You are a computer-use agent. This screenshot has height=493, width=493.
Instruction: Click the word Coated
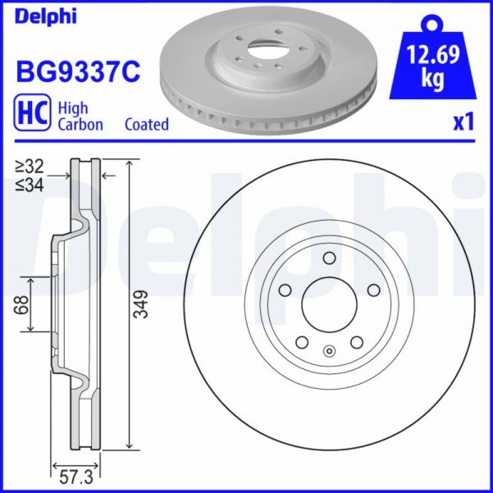click(x=147, y=125)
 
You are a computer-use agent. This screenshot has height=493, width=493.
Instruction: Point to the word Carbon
click(x=80, y=125)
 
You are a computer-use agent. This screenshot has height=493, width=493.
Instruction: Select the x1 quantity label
click(x=463, y=122)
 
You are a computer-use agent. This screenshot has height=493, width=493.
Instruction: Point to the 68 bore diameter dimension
click(x=22, y=305)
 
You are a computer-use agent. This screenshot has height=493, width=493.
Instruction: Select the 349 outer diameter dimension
click(x=140, y=305)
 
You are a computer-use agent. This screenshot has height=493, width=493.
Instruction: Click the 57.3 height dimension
click(x=76, y=474)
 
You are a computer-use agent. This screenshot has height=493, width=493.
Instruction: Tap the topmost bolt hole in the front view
click(x=329, y=259)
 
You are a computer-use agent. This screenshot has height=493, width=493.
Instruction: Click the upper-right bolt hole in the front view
click(x=373, y=290)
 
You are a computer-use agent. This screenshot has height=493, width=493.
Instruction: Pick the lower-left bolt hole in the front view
click(x=301, y=343)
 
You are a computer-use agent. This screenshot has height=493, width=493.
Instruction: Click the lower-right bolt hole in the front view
click(x=357, y=343)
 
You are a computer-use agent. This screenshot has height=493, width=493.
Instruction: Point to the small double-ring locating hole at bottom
click(x=329, y=354)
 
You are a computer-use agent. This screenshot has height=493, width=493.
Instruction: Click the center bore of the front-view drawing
click(x=329, y=306)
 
